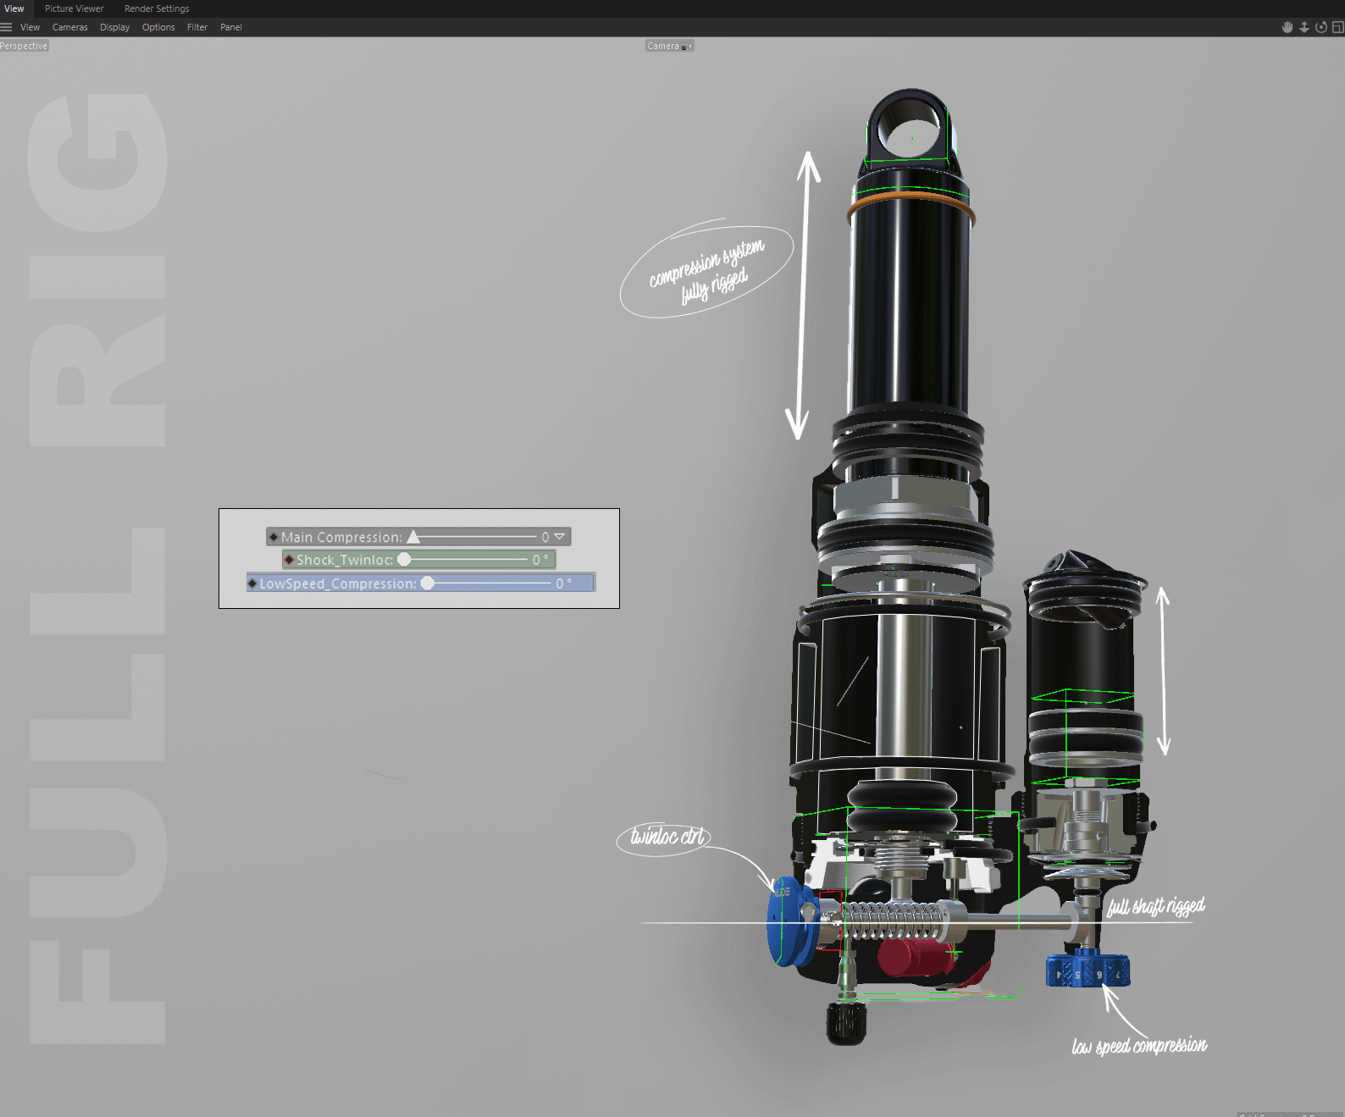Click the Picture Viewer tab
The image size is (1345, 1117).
74,8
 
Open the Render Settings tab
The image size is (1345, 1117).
157,8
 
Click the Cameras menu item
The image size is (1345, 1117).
69,27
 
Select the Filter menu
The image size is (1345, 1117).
196,27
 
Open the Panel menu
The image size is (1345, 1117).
230,27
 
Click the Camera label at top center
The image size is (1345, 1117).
664,46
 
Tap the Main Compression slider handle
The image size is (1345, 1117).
413,537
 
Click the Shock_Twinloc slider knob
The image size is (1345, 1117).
405,560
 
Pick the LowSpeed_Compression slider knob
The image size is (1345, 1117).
428,583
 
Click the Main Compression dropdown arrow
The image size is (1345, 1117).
559,537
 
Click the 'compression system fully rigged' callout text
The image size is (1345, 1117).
707,272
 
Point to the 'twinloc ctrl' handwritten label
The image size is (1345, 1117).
666,838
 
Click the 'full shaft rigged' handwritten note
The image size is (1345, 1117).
1155,907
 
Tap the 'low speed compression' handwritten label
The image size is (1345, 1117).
1139,1047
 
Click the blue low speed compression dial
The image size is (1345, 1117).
1088,970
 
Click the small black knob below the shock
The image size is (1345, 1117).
846,1023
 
